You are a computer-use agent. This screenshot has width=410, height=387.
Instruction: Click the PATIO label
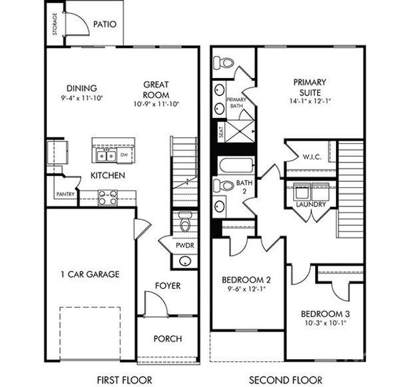[x=104, y=25]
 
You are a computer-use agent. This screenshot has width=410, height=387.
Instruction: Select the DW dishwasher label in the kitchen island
[x=124, y=155]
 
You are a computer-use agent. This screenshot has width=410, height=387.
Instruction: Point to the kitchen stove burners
[x=108, y=197]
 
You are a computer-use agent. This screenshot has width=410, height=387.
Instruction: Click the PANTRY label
[x=65, y=193]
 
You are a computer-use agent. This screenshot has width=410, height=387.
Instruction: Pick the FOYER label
[x=167, y=286]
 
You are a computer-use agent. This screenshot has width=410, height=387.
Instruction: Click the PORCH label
[x=167, y=339]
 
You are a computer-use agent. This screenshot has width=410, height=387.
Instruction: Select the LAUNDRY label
[x=310, y=204]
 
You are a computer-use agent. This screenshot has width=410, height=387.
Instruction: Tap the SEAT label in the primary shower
[x=221, y=133]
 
